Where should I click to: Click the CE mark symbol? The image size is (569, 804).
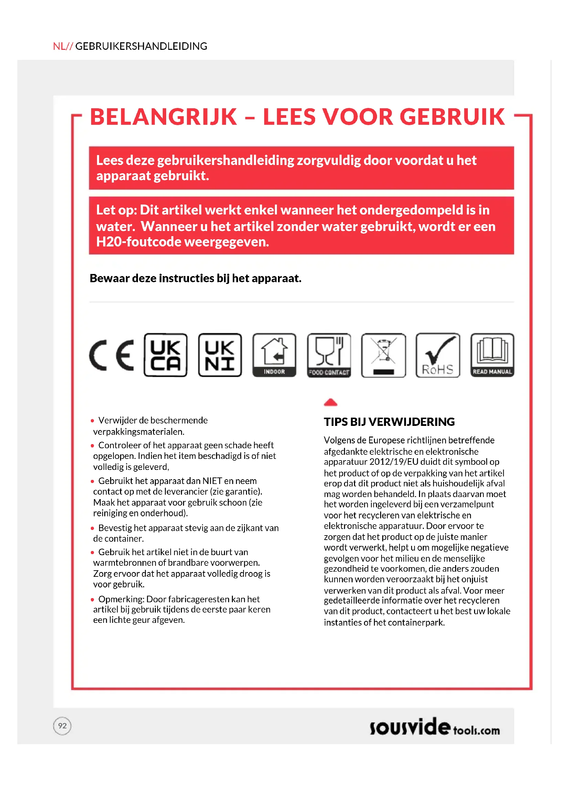click(x=111, y=355)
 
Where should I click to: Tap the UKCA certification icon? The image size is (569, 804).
click(x=165, y=355)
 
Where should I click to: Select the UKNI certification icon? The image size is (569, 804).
click(x=220, y=355)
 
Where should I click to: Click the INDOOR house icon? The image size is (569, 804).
click(x=274, y=355)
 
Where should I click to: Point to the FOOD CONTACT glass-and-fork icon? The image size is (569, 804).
click(x=329, y=355)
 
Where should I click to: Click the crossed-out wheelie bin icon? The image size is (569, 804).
click(x=383, y=355)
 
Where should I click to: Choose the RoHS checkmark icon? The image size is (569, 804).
click(x=438, y=355)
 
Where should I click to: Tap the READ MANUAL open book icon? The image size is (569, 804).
click(x=492, y=355)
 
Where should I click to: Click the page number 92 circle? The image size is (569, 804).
click(x=62, y=726)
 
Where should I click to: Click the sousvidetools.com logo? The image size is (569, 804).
click(x=434, y=727)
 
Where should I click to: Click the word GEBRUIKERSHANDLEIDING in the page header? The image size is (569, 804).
click(x=141, y=46)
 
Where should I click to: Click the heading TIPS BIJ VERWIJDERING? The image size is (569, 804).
click(x=389, y=422)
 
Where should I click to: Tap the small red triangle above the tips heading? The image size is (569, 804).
click(x=330, y=403)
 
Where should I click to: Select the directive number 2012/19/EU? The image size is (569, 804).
click(x=394, y=462)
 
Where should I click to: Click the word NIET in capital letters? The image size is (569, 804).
click(x=212, y=481)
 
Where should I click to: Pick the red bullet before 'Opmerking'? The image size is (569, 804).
click(x=93, y=599)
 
